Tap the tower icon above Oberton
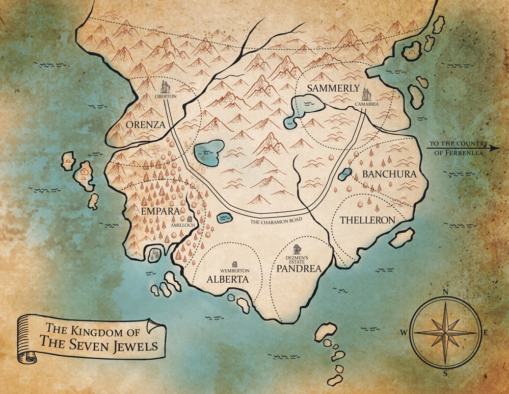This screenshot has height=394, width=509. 166,86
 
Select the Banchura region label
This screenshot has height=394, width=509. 389,174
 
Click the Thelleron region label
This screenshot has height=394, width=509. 367,220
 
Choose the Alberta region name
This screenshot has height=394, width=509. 228,279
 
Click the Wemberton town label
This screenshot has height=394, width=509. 234,269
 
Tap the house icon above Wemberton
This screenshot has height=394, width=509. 234,263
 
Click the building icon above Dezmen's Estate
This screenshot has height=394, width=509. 297,249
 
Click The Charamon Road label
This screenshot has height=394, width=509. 274,220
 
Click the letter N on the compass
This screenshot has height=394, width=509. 445,292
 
